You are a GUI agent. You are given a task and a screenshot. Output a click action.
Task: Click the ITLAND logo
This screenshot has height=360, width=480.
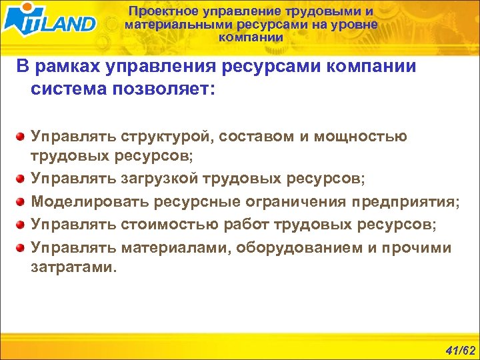(49, 22)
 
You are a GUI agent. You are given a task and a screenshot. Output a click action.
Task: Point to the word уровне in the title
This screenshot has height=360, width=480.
(355, 25)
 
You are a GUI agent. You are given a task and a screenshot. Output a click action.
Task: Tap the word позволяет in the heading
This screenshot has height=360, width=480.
(170, 89)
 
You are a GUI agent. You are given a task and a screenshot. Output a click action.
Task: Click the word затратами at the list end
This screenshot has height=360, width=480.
(72, 268)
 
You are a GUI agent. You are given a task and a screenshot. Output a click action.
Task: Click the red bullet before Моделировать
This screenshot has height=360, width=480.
(21, 202)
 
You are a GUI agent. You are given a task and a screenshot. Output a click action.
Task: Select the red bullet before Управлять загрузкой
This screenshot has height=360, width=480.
(21, 179)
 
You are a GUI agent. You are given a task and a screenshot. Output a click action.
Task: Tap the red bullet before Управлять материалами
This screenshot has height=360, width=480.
(21, 248)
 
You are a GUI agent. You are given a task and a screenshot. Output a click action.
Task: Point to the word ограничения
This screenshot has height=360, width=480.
(291, 201)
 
